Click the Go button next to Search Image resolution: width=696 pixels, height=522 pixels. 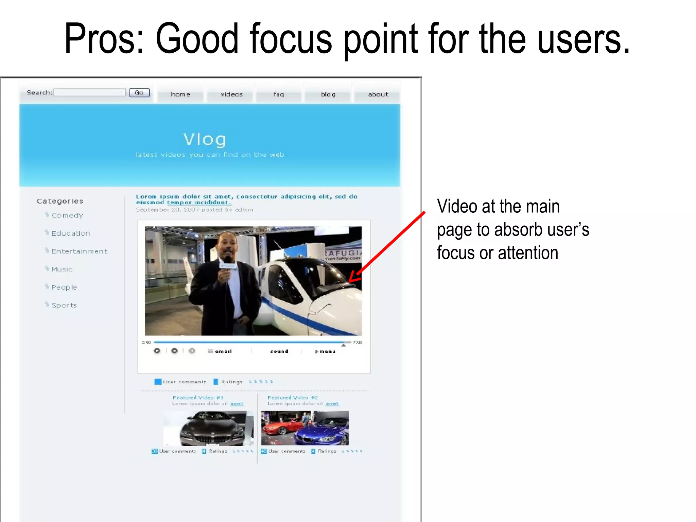tap(139, 93)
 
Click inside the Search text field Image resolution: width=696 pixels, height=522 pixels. tap(90, 92)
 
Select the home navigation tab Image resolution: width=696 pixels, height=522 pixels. tap(180, 94)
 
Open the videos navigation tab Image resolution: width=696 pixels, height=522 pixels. tap(231, 94)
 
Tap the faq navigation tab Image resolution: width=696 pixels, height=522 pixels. tap(279, 94)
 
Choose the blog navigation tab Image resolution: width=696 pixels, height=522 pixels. tap(328, 94)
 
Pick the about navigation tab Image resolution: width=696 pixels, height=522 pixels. tap(378, 94)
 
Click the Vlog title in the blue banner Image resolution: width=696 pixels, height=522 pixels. tap(205, 139)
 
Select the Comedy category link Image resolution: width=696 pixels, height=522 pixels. tap(67, 215)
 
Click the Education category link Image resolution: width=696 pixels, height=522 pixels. tap(71, 233)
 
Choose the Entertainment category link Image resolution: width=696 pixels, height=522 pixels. tap(79, 251)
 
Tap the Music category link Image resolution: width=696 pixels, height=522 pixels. tap(62, 269)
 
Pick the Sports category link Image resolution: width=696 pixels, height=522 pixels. tap(64, 306)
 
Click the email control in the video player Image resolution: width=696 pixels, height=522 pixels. tap(223, 351)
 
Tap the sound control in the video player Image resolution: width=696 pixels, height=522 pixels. tap(279, 351)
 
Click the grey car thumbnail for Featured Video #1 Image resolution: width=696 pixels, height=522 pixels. tap(212, 428)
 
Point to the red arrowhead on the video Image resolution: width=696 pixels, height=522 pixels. tap(351, 280)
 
